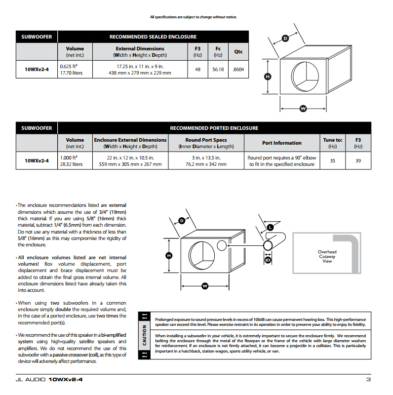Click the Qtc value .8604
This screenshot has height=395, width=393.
click(x=238, y=70)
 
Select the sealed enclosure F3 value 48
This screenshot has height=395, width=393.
click(x=197, y=70)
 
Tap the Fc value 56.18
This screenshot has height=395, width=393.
click(x=218, y=70)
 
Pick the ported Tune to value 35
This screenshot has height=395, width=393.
click(x=332, y=161)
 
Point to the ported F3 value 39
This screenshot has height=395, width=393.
click(x=358, y=161)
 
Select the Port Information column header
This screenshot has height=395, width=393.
click(x=281, y=143)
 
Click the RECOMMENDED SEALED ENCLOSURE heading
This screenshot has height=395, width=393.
click(x=153, y=37)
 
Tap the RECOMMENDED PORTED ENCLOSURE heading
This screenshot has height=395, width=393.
click(x=214, y=128)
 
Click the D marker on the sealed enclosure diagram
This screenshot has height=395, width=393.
click(x=285, y=38)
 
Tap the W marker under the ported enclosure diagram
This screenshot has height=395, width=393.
click(x=204, y=285)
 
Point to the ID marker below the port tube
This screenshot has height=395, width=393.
click(x=268, y=259)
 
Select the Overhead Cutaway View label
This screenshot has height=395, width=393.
click(x=327, y=257)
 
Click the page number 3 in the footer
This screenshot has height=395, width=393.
click(x=368, y=379)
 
